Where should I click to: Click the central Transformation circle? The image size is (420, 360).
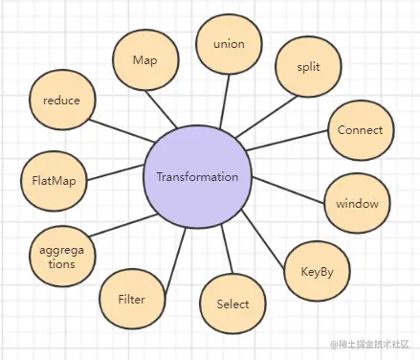pyautogui.click(x=197, y=177)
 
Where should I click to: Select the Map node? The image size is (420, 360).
pyautogui.click(x=144, y=59)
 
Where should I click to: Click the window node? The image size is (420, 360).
pyautogui.click(x=357, y=203)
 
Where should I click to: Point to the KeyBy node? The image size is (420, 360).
pyautogui.click(x=316, y=271)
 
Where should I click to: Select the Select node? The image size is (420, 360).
pyautogui.click(x=232, y=304)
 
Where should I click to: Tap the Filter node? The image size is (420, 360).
pyautogui.click(x=130, y=300)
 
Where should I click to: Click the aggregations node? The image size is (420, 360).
pyautogui.click(x=62, y=255)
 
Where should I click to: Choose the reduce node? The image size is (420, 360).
pyautogui.click(x=61, y=101)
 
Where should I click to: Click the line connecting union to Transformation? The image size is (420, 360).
pyautogui.click(x=224, y=105)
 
